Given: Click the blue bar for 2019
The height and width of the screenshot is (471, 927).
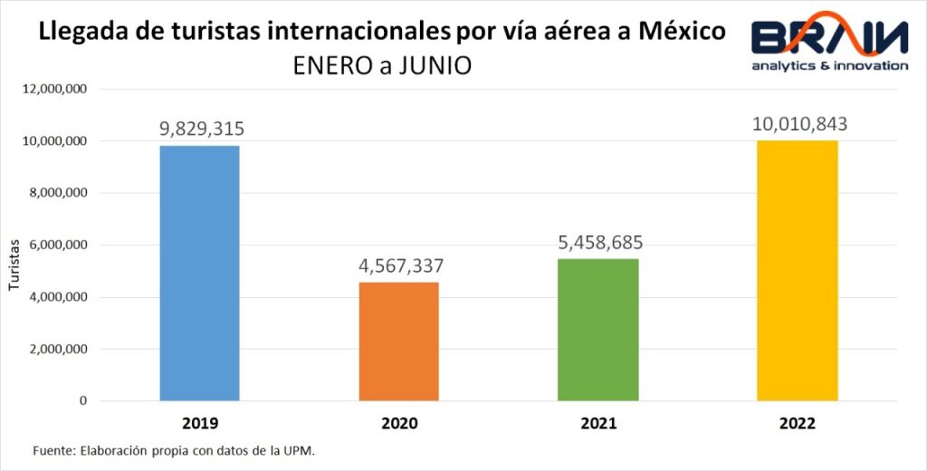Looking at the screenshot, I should (200, 273).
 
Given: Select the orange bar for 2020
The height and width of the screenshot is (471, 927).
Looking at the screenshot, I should (399, 341).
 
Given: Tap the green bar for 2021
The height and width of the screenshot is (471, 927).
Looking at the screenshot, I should (598, 330).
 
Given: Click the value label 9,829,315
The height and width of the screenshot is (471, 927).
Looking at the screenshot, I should (202, 129).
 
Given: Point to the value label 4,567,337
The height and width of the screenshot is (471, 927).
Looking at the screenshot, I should (400, 266).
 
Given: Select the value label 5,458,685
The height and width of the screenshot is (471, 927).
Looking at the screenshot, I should (598, 243).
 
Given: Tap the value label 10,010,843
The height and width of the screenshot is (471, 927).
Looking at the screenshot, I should (799, 123).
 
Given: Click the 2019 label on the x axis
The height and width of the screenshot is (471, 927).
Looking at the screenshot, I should (200, 423).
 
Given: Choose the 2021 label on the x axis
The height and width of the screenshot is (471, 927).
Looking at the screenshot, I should (598, 423).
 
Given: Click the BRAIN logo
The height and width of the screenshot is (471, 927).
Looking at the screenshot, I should (828, 36).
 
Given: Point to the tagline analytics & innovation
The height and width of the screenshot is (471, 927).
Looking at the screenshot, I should (829, 65).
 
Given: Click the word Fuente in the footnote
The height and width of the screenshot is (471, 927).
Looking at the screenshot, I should (52, 450).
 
